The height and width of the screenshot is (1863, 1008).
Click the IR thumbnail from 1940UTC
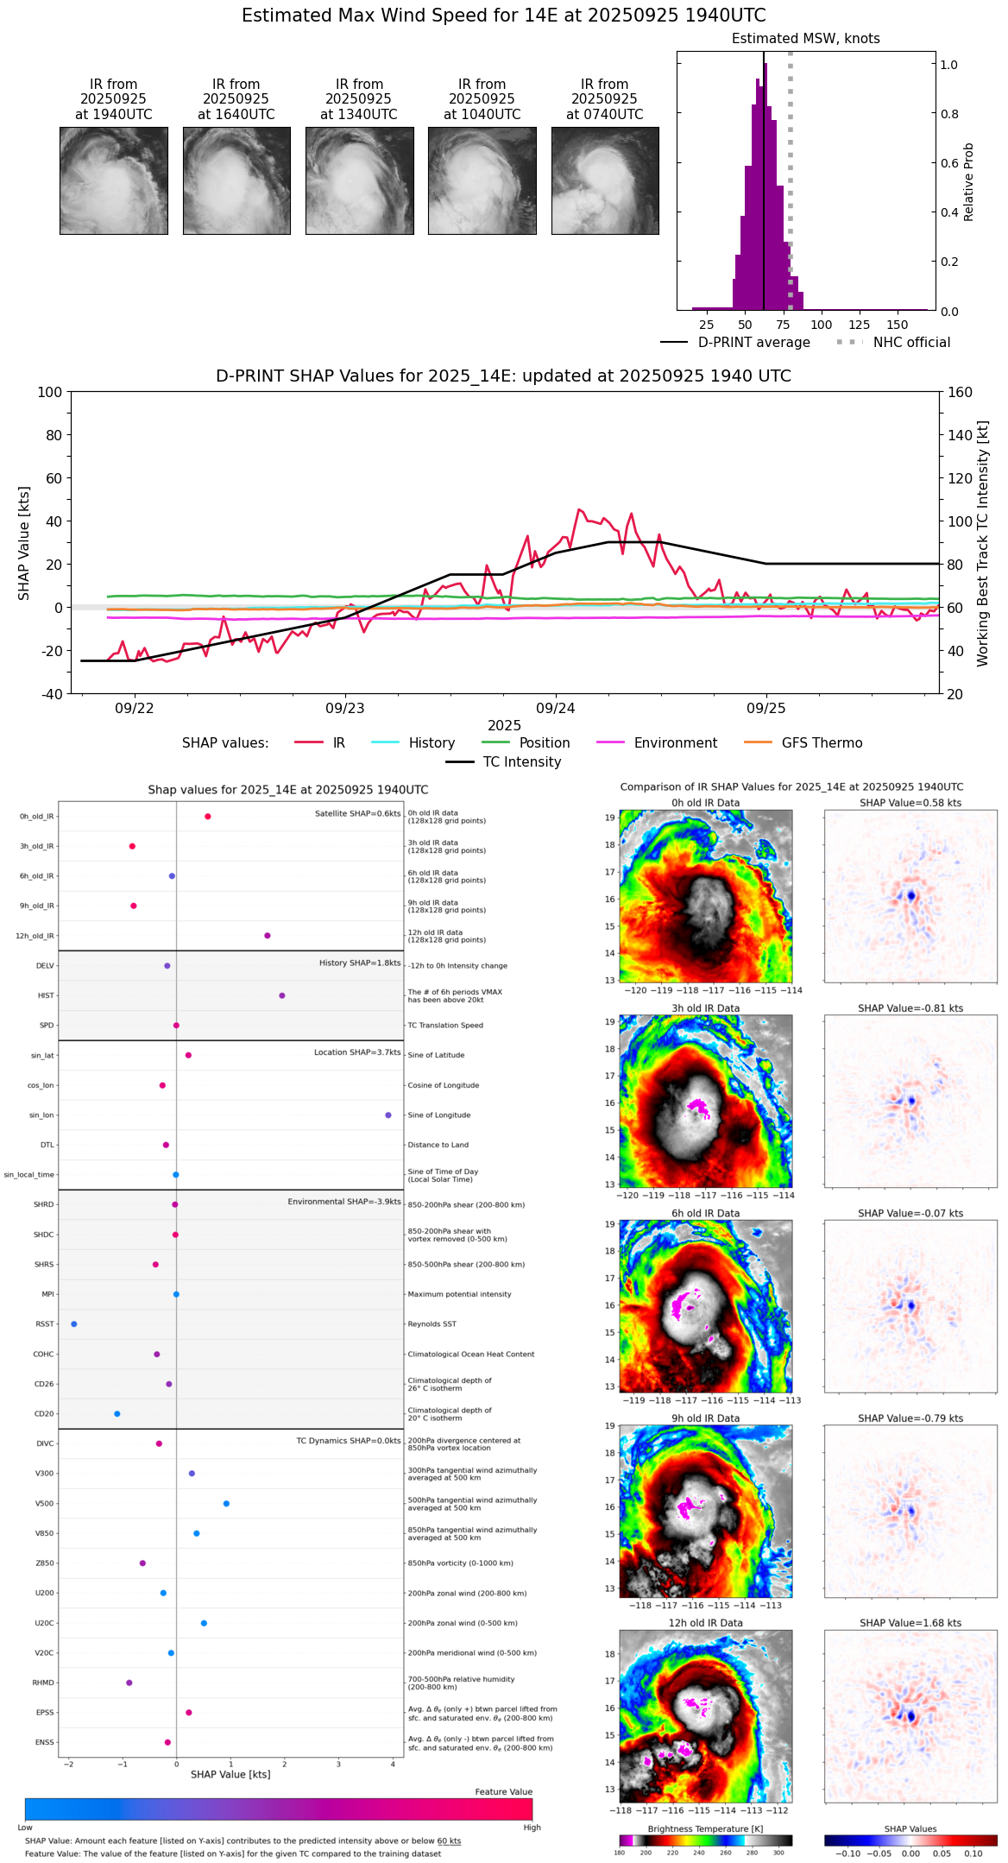click(113, 180)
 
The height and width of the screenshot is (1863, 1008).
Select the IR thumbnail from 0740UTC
click(605, 180)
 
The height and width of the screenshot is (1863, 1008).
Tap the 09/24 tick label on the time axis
click(556, 709)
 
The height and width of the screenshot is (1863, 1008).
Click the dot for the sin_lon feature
click(388, 1115)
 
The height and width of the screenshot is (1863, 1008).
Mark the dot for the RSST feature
click(73, 1324)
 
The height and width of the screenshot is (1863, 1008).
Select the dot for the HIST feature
click(282, 995)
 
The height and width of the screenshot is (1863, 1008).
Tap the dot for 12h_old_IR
click(268, 936)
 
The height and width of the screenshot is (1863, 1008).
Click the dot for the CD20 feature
click(117, 1414)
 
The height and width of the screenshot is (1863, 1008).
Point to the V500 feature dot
click(226, 1504)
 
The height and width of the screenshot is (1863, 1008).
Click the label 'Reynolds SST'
click(432, 1324)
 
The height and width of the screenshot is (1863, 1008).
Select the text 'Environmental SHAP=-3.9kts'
click(344, 1202)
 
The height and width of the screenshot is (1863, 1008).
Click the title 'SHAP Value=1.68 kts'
click(910, 1623)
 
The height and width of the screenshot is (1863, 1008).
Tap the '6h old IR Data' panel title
click(705, 1214)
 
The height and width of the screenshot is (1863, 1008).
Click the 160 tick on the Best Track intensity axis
click(960, 393)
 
